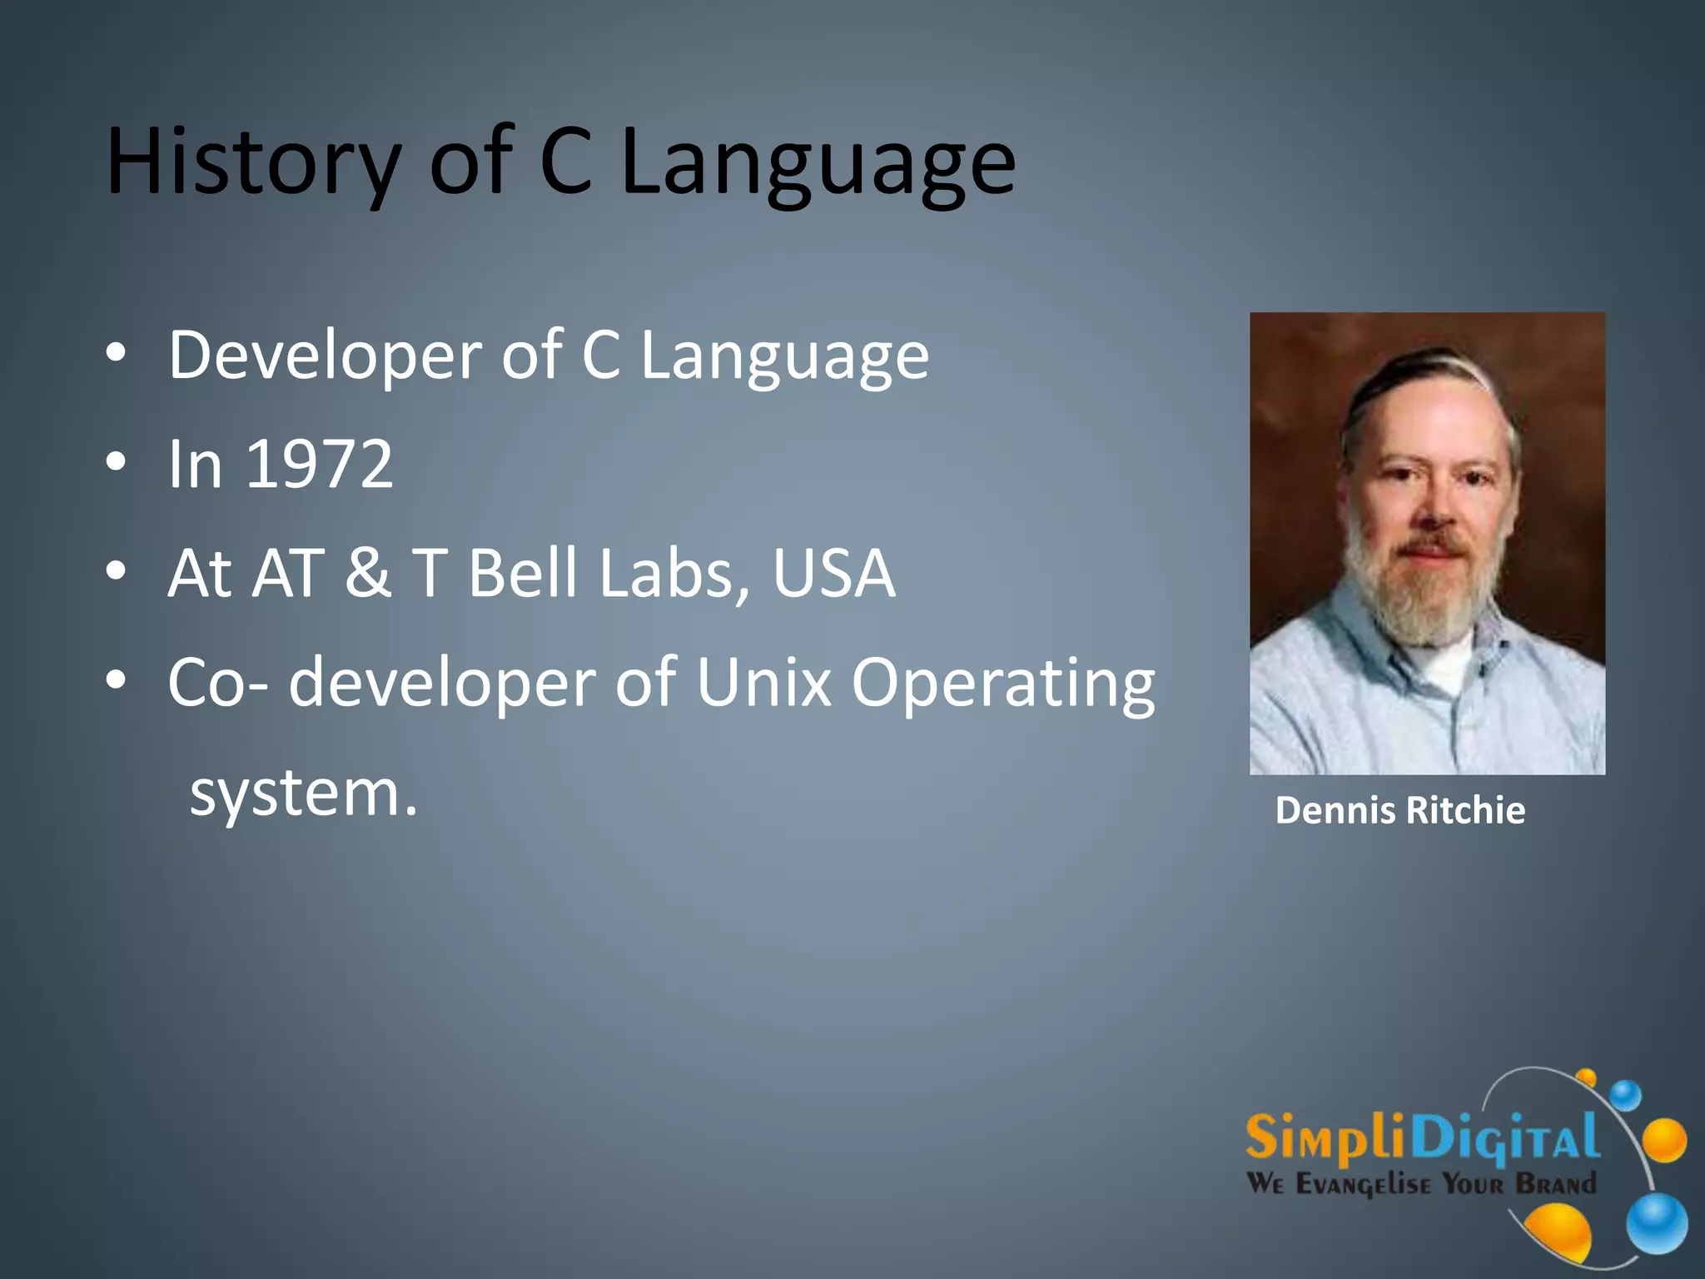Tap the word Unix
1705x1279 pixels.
(763, 683)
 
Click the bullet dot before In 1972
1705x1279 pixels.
(117, 461)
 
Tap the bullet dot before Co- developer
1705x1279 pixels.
(117, 679)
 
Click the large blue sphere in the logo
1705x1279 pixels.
(1656, 1222)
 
